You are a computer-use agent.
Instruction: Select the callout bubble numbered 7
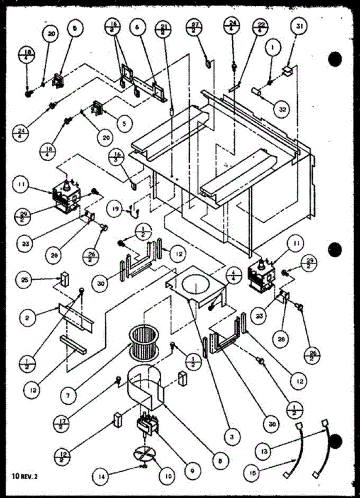tap(68, 396)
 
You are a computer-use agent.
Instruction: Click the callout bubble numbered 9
tap(194, 471)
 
